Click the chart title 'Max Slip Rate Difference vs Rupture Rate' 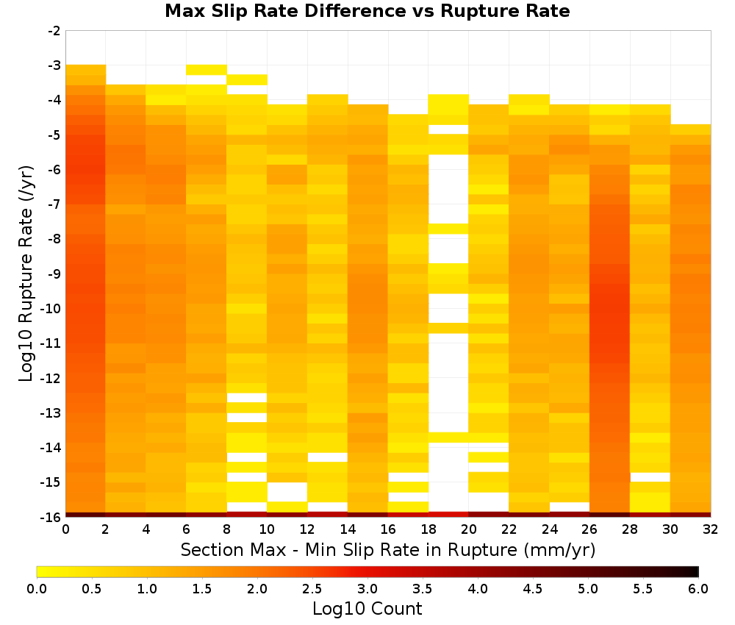coord(367,11)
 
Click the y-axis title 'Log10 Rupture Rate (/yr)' coord(26,274)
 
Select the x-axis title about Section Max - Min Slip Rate coord(387,549)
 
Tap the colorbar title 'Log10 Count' coord(367,609)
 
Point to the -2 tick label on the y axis coord(54,31)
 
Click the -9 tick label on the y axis coord(54,274)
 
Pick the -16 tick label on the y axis coord(51,517)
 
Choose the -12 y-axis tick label coord(51,378)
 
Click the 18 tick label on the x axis coord(429,529)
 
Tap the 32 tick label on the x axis coord(711,529)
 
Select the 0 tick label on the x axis coord(65,529)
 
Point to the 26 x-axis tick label coord(589,529)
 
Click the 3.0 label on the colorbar coord(367,588)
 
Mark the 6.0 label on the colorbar coord(698,588)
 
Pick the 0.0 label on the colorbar coord(37,588)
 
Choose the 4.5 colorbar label coord(533,588)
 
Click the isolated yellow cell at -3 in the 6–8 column coord(207,70)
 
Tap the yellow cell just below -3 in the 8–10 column coord(247,79)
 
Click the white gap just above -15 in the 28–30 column coord(650,477)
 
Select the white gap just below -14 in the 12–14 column coord(328,457)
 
